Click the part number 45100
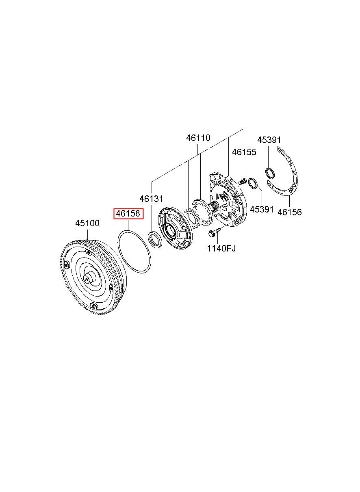point(87,223)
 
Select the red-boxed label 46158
point(128,214)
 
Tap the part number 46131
point(151,199)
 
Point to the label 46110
point(198,138)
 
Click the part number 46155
point(244,152)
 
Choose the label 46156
point(289,212)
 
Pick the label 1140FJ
point(221,248)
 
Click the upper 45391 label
point(269,140)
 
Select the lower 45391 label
point(262,209)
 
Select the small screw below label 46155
point(243,181)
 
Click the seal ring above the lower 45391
point(252,183)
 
